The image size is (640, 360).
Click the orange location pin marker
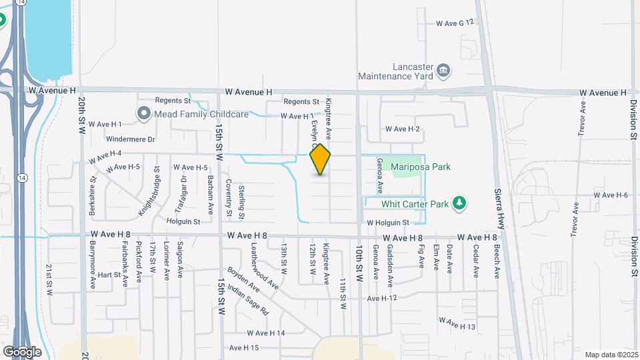[321, 159]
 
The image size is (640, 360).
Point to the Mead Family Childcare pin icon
[143, 114]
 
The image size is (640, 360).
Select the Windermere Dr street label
[131, 139]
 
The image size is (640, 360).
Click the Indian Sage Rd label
[247, 300]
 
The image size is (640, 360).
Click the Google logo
[22, 351]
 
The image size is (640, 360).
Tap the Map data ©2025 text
[611, 355]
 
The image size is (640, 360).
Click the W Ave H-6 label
[611, 195]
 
